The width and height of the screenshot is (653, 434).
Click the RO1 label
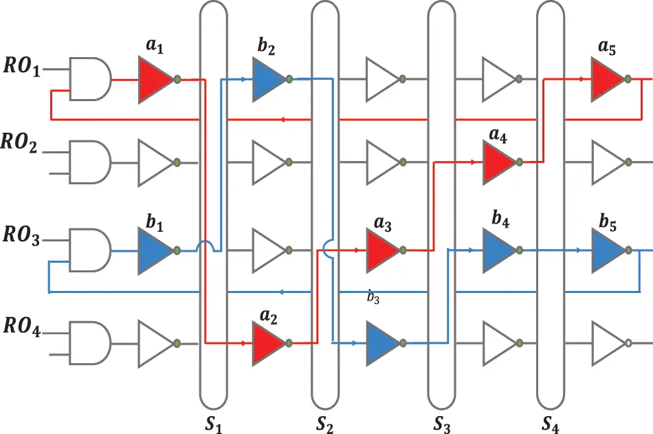(22, 67)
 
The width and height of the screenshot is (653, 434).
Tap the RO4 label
(22, 327)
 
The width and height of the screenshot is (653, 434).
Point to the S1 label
(214, 424)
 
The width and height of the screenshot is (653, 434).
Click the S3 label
(442, 424)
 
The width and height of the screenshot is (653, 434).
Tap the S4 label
(551, 424)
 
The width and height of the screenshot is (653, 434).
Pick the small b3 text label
(373, 296)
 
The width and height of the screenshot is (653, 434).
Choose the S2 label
(324, 424)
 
